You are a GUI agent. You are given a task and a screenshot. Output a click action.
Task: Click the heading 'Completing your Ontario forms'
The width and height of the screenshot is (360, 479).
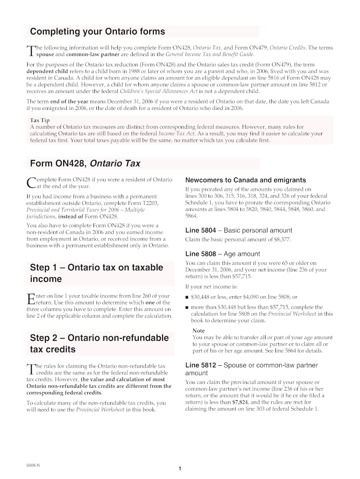click(x=97, y=32)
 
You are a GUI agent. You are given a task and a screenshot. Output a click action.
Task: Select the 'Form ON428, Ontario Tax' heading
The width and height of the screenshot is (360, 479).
click(x=85, y=164)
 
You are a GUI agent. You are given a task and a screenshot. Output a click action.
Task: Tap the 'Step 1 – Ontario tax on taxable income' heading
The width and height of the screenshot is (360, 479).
click(x=96, y=273)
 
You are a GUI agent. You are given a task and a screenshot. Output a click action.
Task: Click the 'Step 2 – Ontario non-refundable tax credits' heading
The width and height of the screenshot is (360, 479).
click(x=99, y=344)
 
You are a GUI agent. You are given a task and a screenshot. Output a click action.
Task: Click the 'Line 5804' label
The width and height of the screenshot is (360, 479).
click(x=201, y=231)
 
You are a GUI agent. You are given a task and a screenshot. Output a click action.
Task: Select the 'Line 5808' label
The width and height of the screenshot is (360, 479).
click(x=201, y=254)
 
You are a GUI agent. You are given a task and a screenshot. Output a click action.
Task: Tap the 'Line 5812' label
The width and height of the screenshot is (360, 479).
click(x=201, y=365)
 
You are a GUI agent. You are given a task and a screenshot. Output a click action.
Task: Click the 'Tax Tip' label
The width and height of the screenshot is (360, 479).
click(x=39, y=120)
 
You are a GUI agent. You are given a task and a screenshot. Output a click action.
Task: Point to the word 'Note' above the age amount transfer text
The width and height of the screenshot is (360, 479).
click(x=199, y=331)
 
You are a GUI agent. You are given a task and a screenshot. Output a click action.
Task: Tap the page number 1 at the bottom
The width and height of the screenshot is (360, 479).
click(x=180, y=469)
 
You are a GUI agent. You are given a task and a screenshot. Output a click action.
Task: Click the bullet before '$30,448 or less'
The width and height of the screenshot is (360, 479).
click(x=187, y=297)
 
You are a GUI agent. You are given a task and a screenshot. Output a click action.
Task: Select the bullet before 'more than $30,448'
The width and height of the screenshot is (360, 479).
click(x=187, y=307)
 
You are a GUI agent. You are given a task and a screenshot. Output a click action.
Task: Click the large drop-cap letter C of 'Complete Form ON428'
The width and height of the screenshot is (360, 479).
click(x=31, y=183)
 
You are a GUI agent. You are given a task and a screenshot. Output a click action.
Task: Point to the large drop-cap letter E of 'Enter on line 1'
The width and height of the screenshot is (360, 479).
click(x=31, y=299)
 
